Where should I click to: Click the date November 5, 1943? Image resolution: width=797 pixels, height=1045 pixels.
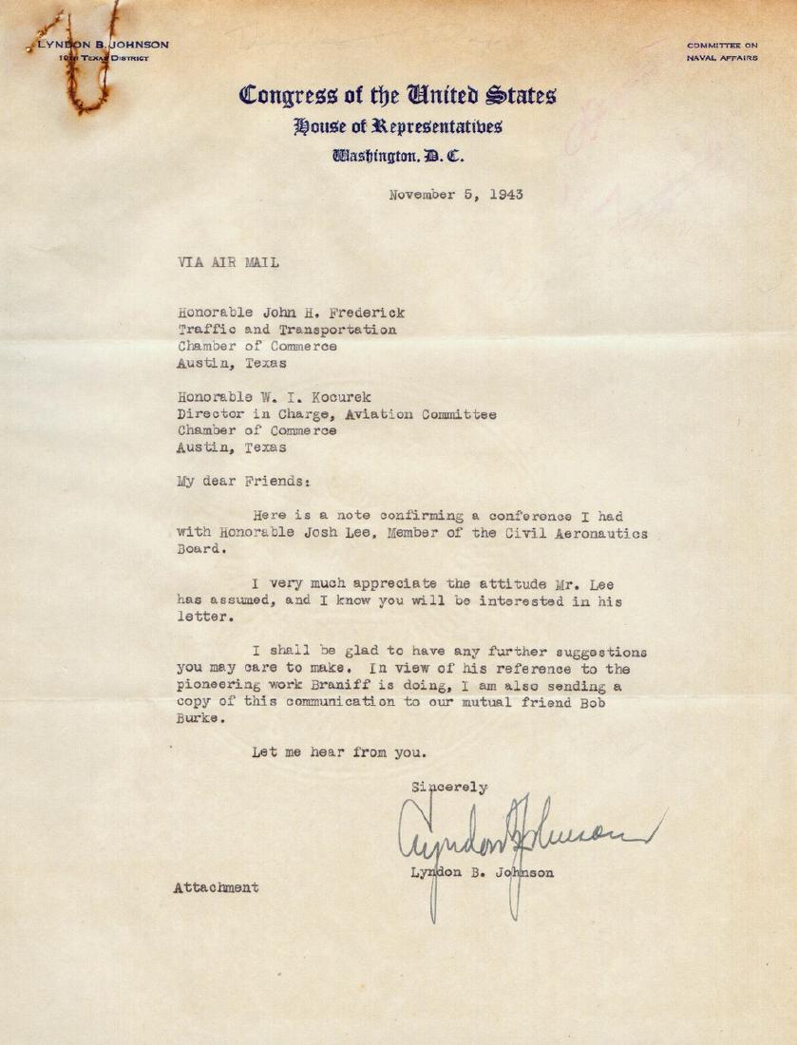[456, 196]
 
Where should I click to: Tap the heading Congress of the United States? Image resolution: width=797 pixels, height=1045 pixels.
[397, 96]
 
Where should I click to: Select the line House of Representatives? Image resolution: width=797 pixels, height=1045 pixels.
[397, 126]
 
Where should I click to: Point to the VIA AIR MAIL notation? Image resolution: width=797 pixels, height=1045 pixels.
[228, 263]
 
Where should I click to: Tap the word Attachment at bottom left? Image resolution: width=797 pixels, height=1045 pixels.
[216, 887]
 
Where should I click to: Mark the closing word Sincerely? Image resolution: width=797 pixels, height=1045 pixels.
[449, 787]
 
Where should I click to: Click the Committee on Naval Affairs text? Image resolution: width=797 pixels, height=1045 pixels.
[722, 51]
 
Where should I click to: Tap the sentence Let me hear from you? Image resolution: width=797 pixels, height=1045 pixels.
[339, 752]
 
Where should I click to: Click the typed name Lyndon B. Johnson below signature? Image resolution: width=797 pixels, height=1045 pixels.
[482, 872]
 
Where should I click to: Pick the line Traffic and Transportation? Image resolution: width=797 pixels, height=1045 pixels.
[287, 330]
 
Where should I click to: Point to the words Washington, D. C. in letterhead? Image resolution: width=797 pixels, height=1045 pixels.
[397, 156]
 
